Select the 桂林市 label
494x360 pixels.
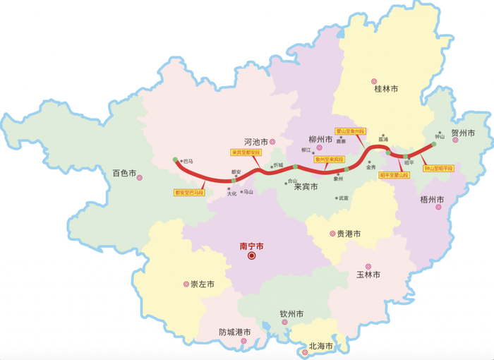pos(386,90)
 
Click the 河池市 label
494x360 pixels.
pos(255,141)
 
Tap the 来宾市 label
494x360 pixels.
pos(306,187)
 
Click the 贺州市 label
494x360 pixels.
pos(463,133)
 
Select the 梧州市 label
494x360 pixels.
pos(430,200)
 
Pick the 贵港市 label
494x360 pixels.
pos(349,234)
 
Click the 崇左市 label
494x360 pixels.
pos(203,284)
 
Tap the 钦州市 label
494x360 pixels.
pos(291,313)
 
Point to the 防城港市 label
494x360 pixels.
pos(235,332)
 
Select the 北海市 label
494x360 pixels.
pos(320,347)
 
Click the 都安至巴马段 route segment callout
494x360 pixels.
pos(188,192)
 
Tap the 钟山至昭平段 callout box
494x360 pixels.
pos(438,168)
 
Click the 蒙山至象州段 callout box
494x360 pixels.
pos(351,131)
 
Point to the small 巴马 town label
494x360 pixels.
pos(188,161)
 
